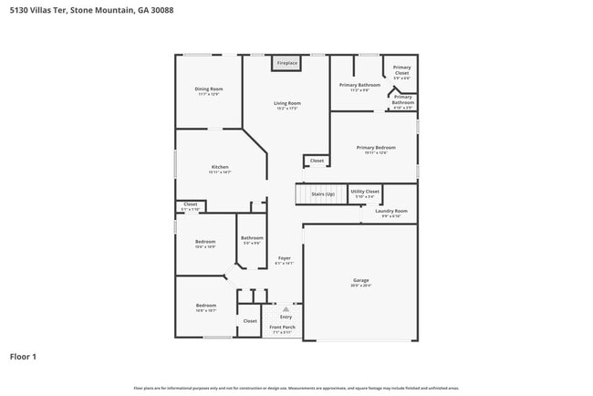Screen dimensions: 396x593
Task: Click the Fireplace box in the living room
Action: [x=287, y=63]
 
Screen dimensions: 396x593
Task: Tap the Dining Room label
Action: [x=209, y=89]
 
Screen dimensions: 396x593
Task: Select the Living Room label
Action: [x=287, y=103]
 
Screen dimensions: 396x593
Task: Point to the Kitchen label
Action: [x=220, y=167]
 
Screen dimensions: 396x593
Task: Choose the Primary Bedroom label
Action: [x=376, y=148]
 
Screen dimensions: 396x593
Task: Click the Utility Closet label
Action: [x=365, y=192]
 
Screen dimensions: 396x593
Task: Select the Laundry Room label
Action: [x=390, y=211]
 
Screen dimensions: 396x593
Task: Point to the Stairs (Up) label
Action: [x=323, y=194]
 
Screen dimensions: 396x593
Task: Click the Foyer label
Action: [x=285, y=258]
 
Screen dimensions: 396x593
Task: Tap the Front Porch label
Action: [x=281, y=326]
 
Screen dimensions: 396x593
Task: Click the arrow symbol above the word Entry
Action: [x=286, y=309]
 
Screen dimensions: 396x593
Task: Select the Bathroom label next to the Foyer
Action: [x=252, y=238]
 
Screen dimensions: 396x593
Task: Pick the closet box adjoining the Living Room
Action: [x=317, y=161]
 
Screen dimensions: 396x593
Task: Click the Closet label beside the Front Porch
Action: [x=250, y=321]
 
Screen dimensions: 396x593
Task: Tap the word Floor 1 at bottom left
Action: [x=23, y=357]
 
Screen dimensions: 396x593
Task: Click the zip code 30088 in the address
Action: [x=159, y=9]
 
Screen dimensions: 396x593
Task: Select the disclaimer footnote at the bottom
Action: [x=296, y=388]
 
